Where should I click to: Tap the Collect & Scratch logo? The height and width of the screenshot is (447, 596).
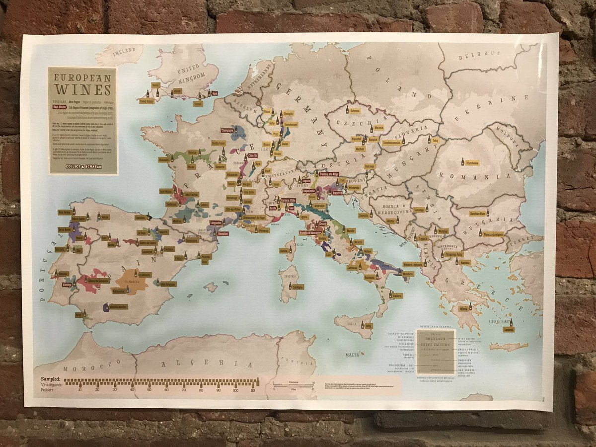pos(83,166)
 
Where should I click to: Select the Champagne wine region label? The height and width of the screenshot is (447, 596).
pos(226,130)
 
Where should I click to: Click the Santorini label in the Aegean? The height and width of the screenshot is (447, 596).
pos(508,329)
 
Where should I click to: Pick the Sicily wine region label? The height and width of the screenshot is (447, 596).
pos(368,325)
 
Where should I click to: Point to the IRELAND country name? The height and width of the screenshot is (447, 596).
pos(123,51)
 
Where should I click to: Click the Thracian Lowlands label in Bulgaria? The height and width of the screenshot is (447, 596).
pos(491,234)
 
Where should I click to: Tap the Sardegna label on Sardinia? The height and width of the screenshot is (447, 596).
pos(298,287)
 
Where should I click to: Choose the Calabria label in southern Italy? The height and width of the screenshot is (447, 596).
pos(397,296)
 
